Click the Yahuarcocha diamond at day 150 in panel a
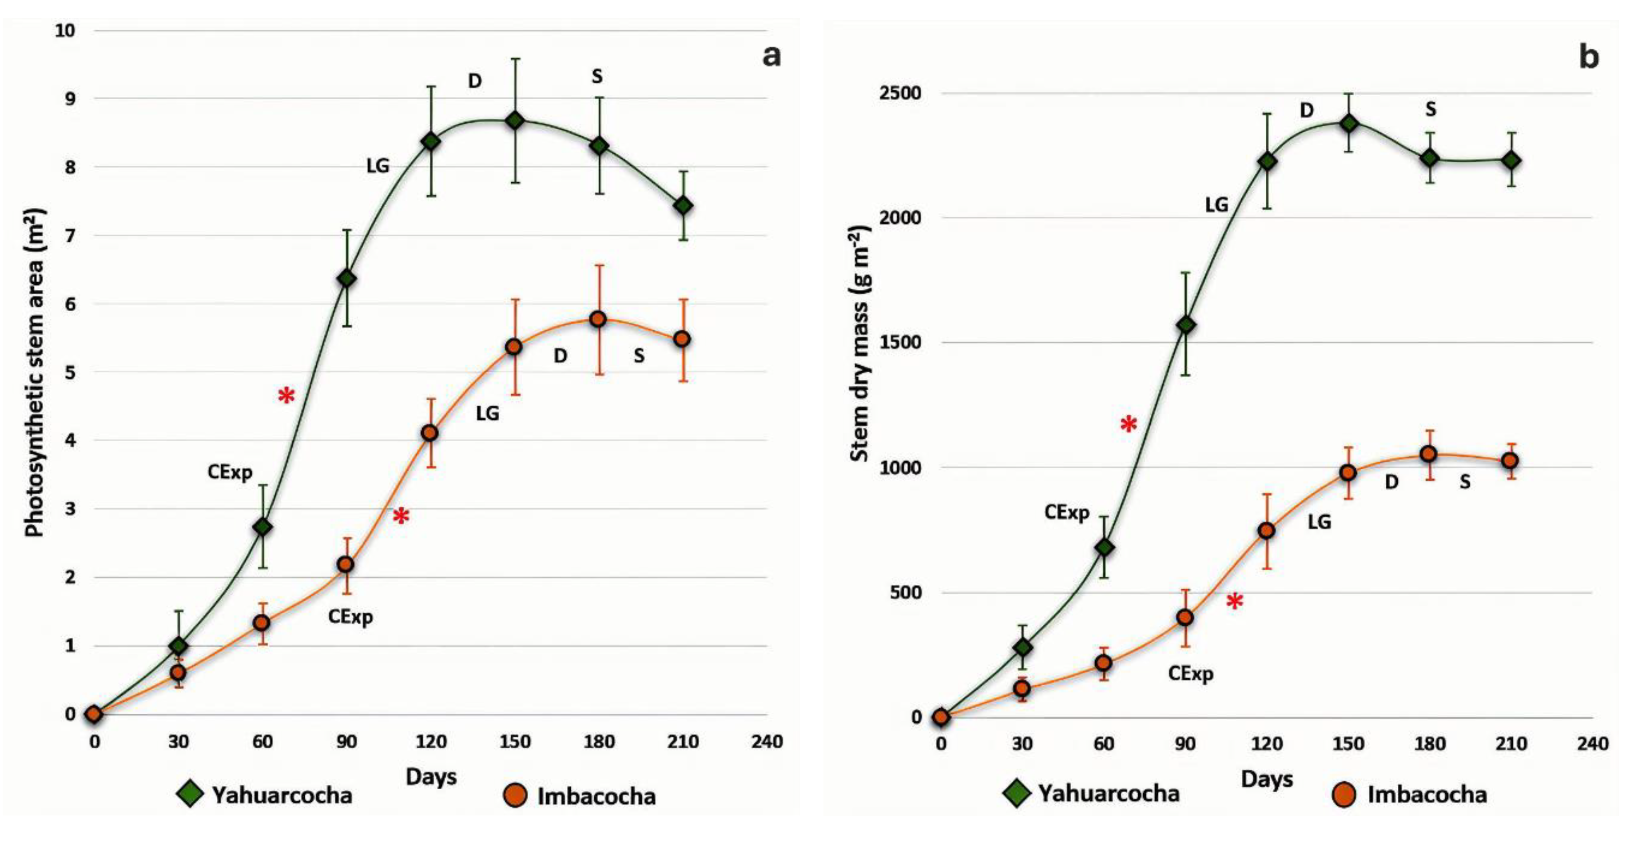[515, 120]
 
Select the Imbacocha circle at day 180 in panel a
[598, 319]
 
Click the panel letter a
[771, 56]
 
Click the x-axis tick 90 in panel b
[1185, 743]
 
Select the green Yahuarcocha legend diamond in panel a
[189, 794]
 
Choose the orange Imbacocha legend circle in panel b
[1344, 794]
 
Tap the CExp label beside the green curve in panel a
[230, 472]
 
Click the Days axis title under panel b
[1266, 779]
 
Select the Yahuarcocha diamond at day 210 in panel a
[683, 206]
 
